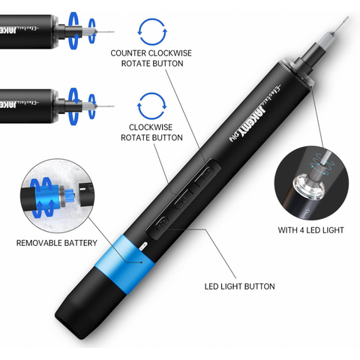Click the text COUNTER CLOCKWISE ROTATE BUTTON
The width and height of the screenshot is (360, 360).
(151, 58)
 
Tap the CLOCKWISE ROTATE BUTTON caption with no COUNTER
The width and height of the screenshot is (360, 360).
(151, 133)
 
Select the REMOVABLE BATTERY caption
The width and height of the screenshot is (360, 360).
(57, 243)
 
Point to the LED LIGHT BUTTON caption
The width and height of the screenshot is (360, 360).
(239, 286)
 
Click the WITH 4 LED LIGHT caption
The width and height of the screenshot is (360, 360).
(310, 230)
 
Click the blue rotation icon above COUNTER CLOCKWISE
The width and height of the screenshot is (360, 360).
(152, 31)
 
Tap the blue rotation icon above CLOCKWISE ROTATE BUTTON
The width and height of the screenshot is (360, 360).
(152, 106)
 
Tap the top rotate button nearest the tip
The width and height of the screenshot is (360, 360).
(205, 175)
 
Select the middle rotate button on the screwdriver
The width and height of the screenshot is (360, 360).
(184, 199)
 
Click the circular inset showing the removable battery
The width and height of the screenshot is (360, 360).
(58, 196)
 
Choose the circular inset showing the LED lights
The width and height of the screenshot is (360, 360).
(311, 183)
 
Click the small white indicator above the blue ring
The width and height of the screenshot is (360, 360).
(142, 245)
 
